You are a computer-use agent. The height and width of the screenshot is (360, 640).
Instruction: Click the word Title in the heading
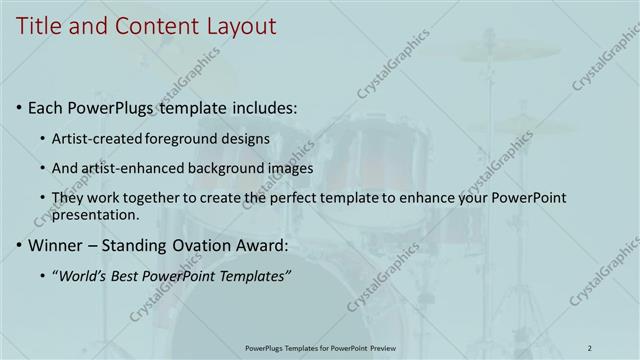click(x=37, y=27)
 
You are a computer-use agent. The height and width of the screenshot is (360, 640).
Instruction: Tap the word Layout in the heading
click(x=240, y=27)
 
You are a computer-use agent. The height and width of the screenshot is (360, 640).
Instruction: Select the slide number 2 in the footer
click(x=590, y=347)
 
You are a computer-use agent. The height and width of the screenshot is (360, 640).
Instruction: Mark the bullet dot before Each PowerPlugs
click(x=19, y=107)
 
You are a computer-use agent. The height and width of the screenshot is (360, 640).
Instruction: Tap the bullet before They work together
click(x=42, y=198)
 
